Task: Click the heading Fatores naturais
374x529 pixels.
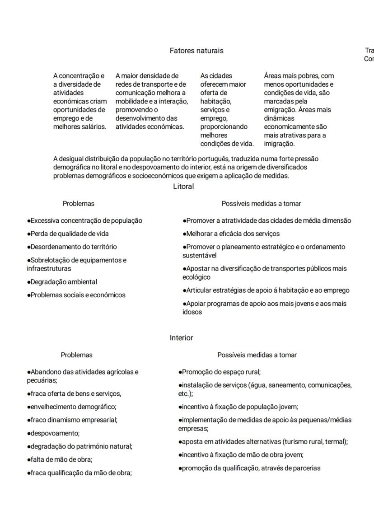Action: pyautogui.click(x=196, y=51)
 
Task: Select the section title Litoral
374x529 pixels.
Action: pyautogui.click(x=183, y=187)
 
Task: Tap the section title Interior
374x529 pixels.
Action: pyautogui.click(x=181, y=338)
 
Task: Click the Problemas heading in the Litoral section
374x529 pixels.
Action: pyautogui.click(x=79, y=204)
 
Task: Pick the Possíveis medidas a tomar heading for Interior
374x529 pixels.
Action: pyautogui.click(x=257, y=355)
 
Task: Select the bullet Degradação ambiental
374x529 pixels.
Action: pyautogui.click(x=62, y=282)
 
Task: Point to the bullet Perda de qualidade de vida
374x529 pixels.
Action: pyautogui.click(x=68, y=234)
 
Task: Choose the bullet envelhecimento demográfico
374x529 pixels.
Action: pyautogui.click(x=72, y=407)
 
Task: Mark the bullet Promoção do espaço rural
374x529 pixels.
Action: pyautogui.click(x=220, y=372)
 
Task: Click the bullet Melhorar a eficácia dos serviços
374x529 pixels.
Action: pyautogui.click(x=231, y=234)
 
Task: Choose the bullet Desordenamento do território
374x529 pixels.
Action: pyautogui.click(x=72, y=247)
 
